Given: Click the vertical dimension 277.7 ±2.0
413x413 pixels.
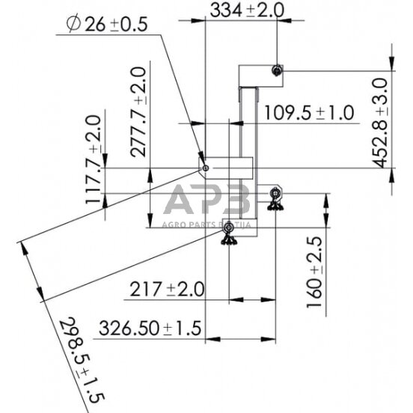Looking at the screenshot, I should click(x=139, y=112).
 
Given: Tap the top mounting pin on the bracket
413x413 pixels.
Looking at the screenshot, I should click(x=278, y=70).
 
